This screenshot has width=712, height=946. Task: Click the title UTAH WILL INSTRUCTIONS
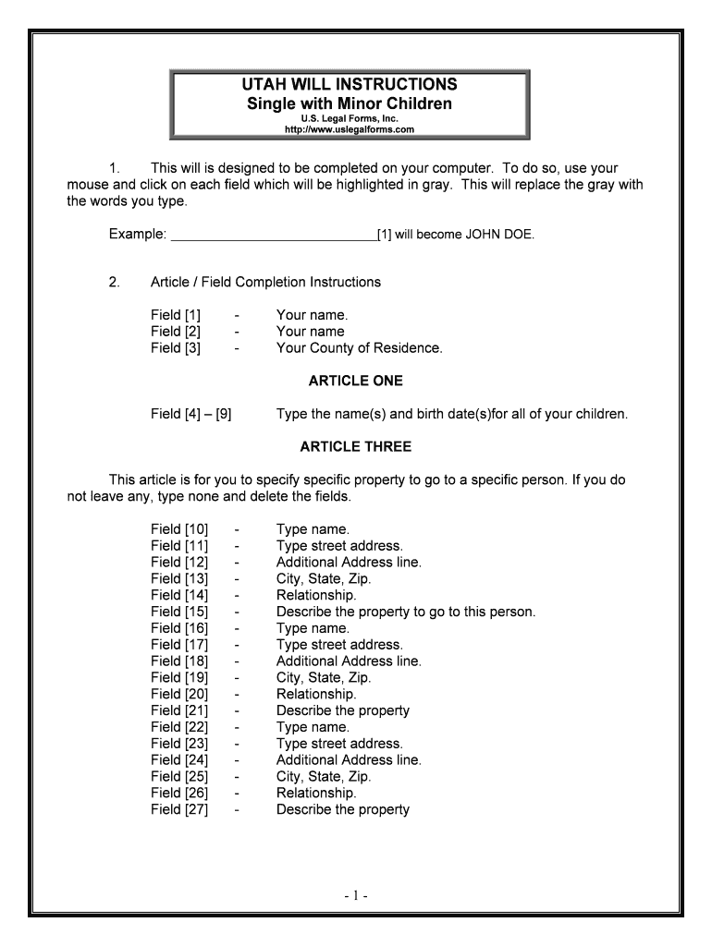click(x=349, y=84)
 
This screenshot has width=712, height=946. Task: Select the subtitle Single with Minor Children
click(x=349, y=103)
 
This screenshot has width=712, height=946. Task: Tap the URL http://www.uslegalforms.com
click(x=349, y=129)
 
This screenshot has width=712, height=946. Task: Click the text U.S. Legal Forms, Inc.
click(x=349, y=118)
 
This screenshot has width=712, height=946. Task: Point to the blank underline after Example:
click(x=274, y=235)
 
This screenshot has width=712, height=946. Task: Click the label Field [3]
click(x=176, y=348)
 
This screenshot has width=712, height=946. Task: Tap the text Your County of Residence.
click(x=359, y=348)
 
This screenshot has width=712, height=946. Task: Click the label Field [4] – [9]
click(x=190, y=414)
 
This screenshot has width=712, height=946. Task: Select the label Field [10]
click(x=179, y=529)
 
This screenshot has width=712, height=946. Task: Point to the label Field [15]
click(x=179, y=612)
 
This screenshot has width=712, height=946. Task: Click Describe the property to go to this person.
click(x=406, y=612)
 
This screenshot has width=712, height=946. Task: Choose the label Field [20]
click(x=179, y=694)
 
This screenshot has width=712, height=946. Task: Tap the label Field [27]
click(x=179, y=809)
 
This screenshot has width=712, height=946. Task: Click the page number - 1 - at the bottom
click(x=356, y=895)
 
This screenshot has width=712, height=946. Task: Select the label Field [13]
click(x=179, y=578)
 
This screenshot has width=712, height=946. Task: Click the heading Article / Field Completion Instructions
click(x=265, y=282)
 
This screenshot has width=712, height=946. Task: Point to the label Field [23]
click(x=179, y=744)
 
